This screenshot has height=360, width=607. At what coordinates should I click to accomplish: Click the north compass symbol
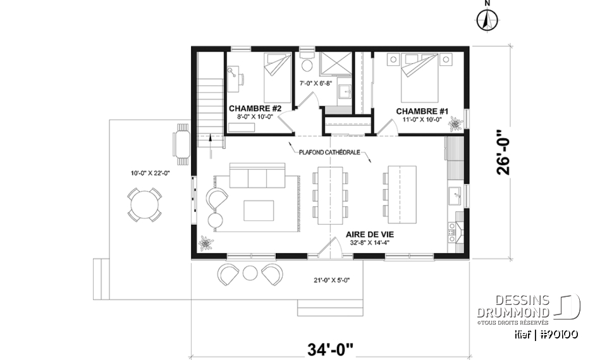click(x=486, y=20)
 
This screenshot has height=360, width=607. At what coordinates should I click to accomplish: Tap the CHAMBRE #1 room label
click(x=422, y=111)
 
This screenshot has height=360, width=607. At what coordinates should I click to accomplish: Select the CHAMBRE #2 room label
click(x=250, y=108)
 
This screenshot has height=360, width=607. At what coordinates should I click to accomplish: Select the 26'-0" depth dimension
click(x=502, y=152)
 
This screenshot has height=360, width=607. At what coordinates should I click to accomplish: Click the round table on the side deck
click(x=145, y=204)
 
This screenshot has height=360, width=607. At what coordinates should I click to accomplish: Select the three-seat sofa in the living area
click(x=257, y=177)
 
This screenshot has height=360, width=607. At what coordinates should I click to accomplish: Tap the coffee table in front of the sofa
click(x=258, y=209)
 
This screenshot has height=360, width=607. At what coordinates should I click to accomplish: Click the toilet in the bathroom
click(x=307, y=65)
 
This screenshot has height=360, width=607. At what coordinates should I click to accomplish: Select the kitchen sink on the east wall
click(x=455, y=196)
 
